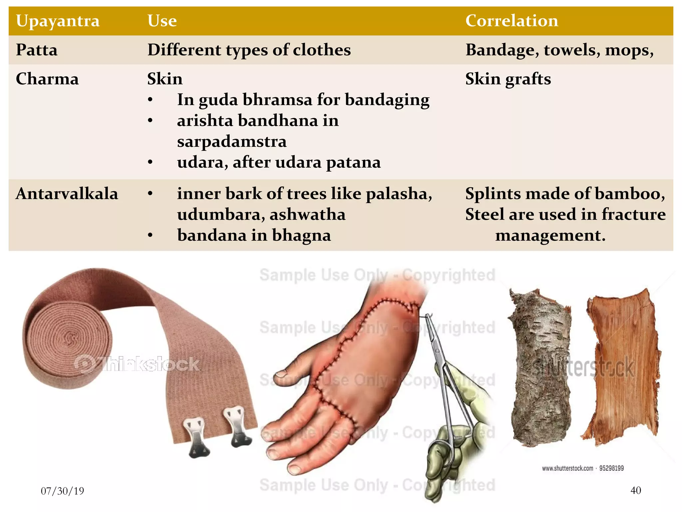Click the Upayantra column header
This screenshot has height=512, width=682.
click(58, 21)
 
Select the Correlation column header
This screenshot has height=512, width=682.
click(511, 21)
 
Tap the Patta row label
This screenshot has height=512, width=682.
click(37, 50)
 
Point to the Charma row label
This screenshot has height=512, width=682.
click(47, 79)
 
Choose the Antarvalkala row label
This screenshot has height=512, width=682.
click(67, 194)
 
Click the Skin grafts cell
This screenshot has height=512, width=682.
click(508, 79)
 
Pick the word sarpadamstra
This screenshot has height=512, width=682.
click(232, 141)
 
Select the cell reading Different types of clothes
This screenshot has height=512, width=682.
click(249, 50)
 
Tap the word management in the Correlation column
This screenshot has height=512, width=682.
click(550, 235)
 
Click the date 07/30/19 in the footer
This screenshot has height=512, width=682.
click(62, 491)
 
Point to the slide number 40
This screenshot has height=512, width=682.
click(636, 490)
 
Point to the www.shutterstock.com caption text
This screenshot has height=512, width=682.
click(567, 468)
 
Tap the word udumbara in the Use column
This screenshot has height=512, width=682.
click(218, 214)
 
